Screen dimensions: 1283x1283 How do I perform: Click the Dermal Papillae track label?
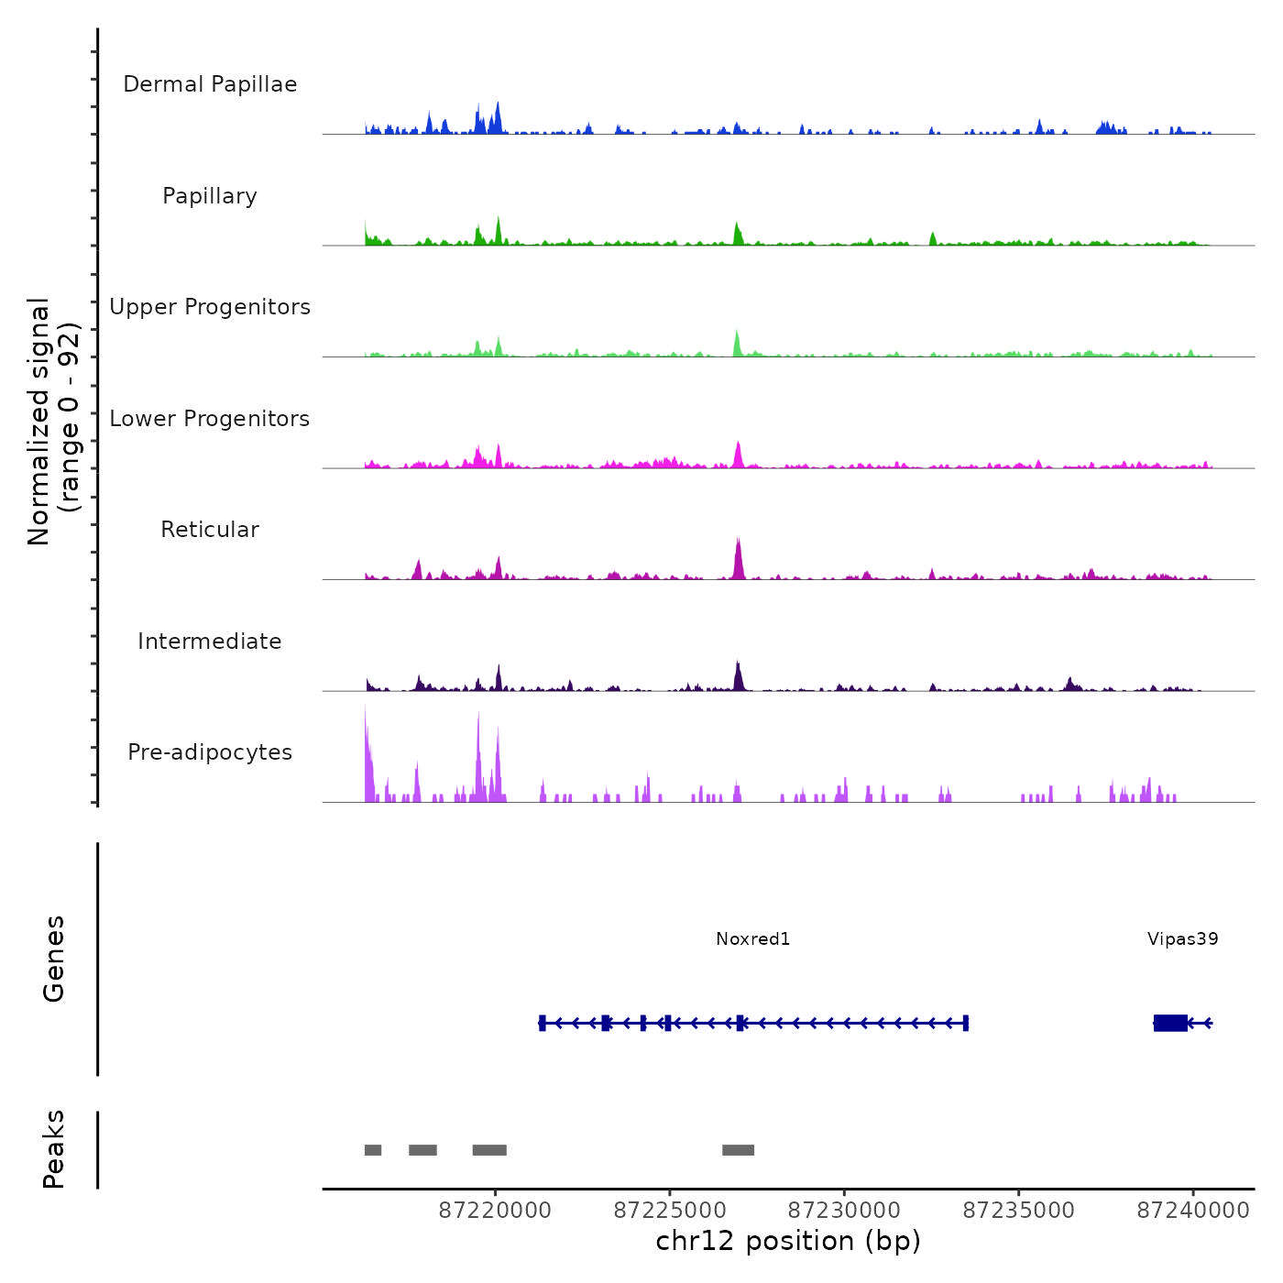[x=210, y=84]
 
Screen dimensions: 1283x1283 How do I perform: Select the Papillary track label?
[x=210, y=196]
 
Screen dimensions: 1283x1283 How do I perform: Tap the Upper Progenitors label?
[x=210, y=307]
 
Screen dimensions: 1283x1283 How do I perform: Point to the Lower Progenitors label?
[x=210, y=419]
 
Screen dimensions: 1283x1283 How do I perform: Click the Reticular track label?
[x=210, y=530]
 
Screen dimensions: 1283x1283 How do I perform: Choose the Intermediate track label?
[x=210, y=641]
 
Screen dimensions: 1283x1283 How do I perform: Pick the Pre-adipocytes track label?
[x=210, y=752]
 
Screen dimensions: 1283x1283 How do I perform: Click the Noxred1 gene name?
[x=752, y=939]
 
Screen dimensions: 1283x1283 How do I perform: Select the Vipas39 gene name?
[x=1182, y=939]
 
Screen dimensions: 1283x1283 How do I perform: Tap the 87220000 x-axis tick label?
[x=495, y=1211]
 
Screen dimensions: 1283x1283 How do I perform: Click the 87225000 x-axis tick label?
[x=670, y=1211]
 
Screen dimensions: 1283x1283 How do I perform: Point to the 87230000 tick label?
[x=844, y=1211]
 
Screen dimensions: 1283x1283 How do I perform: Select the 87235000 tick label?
[x=1019, y=1211]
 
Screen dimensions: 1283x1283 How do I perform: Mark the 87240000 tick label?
[x=1193, y=1211]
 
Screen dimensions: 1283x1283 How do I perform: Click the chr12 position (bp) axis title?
[x=788, y=1241]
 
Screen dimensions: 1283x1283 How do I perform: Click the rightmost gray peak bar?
[x=738, y=1150]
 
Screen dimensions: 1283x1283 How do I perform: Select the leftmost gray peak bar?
[x=373, y=1150]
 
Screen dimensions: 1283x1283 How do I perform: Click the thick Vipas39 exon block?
[x=1170, y=1023]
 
